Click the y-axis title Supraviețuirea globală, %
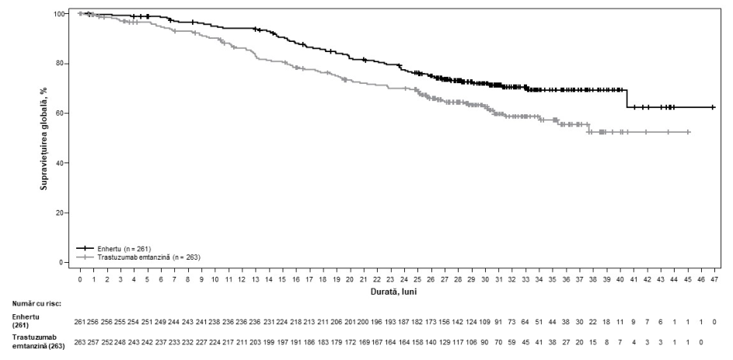pyautogui.click(x=44, y=138)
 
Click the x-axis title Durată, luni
pyautogui.click(x=397, y=292)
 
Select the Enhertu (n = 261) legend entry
pyautogui.click(x=113, y=248)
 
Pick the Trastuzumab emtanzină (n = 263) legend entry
pyautogui.click(x=139, y=257)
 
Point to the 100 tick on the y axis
pyautogui.click(x=59, y=14)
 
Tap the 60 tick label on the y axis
pyautogui.click(x=61, y=114)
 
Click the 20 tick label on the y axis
pyautogui.click(x=61, y=213)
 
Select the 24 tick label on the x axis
pyautogui.click(x=404, y=279)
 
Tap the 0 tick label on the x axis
pyautogui.click(x=80, y=279)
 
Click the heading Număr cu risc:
pyautogui.click(x=37, y=303)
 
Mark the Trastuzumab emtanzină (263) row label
pyautogui.click(x=38, y=343)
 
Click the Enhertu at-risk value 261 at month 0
pyautogui.click(x=80, y=323)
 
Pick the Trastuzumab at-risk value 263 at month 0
pyautogui.click(x=80, y=342)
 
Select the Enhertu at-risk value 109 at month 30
pyautogui.click(x=485, y=323)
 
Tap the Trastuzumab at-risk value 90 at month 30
pyautogui.click(x=485, y=342)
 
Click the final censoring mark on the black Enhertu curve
pyautogui.click(x=713, y=107)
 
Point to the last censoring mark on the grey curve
pyautogui.click(x=688, y=132)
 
